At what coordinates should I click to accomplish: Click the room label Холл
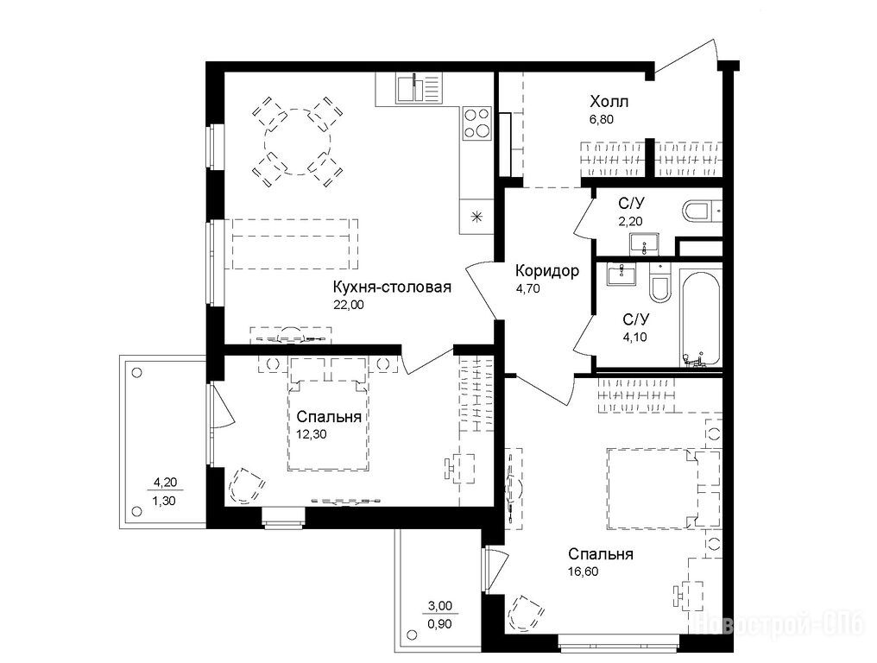point(609,102)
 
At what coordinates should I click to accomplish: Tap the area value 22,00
point(349,305)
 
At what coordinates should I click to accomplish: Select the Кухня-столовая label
point(392,287)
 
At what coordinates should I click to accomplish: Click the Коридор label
point(547,271)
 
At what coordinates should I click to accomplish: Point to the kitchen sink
point(419,88)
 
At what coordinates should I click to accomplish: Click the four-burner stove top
point(476,123)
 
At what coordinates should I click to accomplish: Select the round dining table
point(298,142)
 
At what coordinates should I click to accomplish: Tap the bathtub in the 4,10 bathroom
point(701,318)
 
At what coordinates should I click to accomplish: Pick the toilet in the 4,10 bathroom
point(660,285)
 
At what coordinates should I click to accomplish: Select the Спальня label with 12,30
point(329,417)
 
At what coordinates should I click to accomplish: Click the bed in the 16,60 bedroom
point(663,488)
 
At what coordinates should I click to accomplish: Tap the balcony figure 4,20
point(164,482)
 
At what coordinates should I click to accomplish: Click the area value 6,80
point(602,119)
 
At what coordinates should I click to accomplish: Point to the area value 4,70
point(527,289)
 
